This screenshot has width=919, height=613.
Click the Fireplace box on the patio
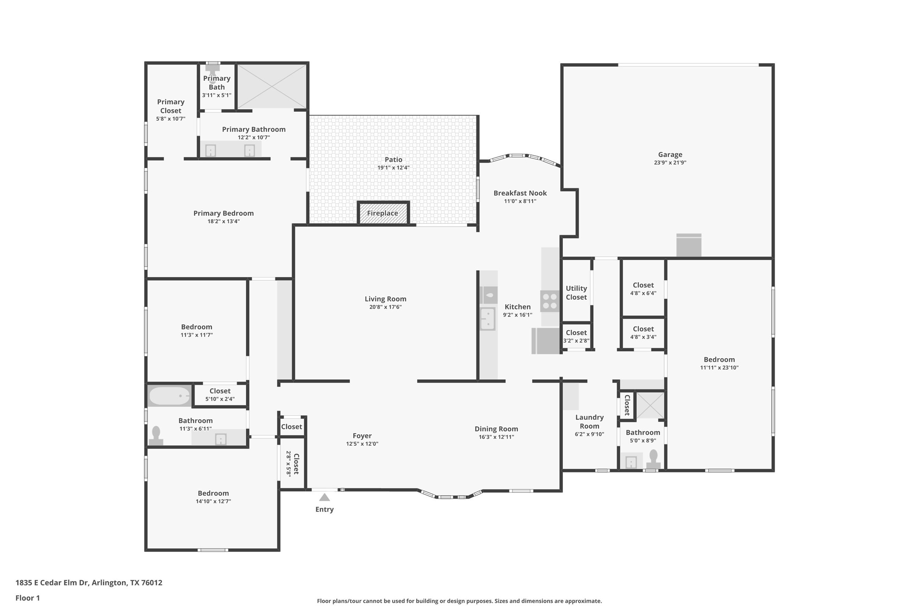[383, 213]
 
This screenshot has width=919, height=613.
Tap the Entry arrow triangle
[325, 497]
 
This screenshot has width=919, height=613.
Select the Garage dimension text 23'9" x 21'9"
[670, 163]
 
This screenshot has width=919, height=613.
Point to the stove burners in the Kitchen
[550, 301]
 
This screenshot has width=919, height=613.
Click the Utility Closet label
[576, 293]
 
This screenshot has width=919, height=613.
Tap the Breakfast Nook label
[520, 193]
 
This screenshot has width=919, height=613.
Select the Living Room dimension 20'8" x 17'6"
[385, 307]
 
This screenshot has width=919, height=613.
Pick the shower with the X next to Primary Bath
[272, 86]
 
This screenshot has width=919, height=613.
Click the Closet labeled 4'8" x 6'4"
[643, 289]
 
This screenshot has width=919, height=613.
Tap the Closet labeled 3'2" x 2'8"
[576, 336]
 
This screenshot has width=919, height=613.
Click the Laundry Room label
[589, 422]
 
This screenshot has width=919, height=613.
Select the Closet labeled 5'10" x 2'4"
[220, 395]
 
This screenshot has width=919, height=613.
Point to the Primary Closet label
[171, 106]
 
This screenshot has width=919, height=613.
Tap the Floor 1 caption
[28, 598]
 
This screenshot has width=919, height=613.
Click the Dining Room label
[496, 429]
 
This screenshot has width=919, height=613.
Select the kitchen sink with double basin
[487, 319]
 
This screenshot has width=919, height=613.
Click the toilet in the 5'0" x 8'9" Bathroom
[653, 459]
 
